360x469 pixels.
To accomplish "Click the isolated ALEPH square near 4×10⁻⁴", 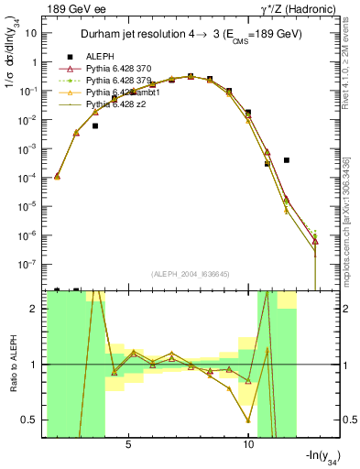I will point(287,160).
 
